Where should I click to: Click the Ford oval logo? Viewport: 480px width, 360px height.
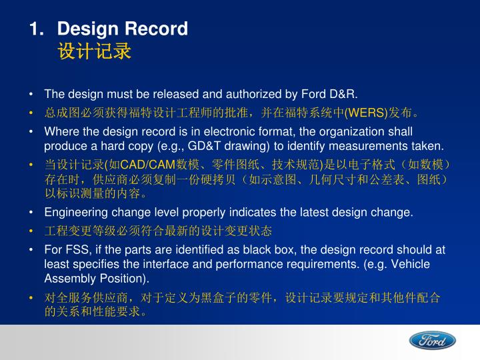tap(432, 341)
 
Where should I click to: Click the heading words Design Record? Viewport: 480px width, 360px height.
tap(123, 29)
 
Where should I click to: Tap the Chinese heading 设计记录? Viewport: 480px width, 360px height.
tap(94, 52)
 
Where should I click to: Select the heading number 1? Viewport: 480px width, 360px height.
tap(35, 29)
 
